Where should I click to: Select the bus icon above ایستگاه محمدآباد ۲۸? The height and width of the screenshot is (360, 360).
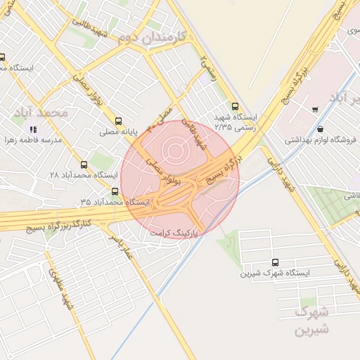84,163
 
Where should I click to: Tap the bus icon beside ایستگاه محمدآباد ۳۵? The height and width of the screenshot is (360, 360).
115,191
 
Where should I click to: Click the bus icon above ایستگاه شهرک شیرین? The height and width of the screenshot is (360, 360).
274,262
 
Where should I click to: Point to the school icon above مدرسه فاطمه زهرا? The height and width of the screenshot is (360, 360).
33,129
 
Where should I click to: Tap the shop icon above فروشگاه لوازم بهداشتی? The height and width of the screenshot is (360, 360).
321,129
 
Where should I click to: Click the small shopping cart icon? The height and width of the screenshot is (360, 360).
314,109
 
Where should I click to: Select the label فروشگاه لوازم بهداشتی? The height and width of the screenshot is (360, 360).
321,140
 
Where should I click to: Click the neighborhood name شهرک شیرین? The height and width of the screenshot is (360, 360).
312,319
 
